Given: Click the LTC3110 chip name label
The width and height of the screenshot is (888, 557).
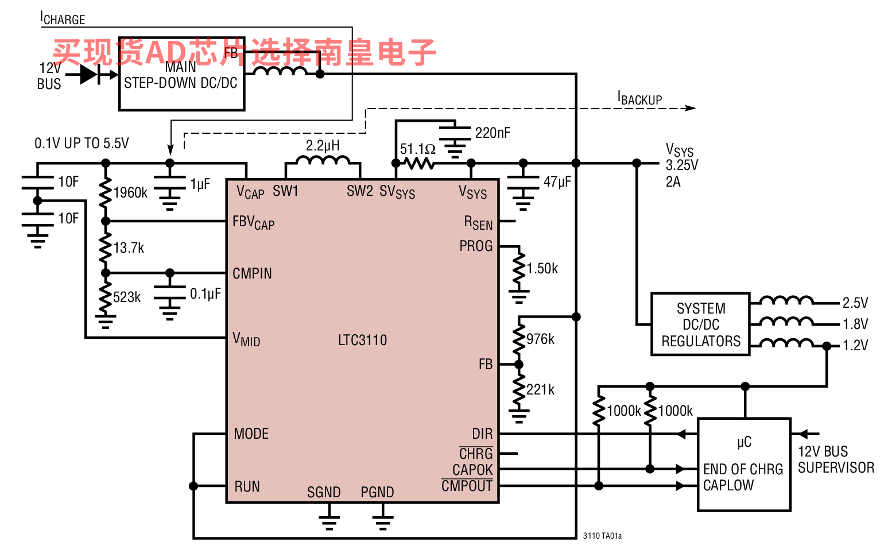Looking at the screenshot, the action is click(362, 340).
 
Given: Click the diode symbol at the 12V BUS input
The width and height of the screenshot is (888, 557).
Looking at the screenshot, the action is click(90, 74).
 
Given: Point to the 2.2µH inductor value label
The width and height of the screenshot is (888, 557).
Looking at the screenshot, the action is click(323, 145).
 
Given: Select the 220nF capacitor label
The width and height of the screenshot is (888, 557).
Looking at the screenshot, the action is click(493, 133).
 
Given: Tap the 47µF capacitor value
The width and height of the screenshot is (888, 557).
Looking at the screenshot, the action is click(557, 181).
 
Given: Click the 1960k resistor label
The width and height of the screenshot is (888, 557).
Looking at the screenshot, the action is click(130, 193).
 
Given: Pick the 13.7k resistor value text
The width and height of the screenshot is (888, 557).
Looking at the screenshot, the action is click(129, 247).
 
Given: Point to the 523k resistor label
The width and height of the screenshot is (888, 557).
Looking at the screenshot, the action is click(127, 297).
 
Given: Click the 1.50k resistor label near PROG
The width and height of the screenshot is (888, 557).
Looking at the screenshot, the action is click(542, 268).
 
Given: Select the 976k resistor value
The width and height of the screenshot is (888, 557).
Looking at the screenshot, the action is click(540, 339).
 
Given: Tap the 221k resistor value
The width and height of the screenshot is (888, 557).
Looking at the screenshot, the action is click(540, 390).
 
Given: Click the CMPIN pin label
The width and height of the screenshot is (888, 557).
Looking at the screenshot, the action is click(252, 273).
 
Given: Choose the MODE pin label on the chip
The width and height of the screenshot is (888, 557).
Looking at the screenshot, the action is click(251, 434).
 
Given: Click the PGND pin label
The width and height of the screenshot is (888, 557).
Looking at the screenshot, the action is click(377, 492).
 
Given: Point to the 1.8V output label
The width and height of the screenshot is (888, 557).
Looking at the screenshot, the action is click(855, 324).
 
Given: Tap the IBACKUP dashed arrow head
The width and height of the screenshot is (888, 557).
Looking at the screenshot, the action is click(690, 108).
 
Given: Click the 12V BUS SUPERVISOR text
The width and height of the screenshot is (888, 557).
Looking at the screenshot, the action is click(836, 459).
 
